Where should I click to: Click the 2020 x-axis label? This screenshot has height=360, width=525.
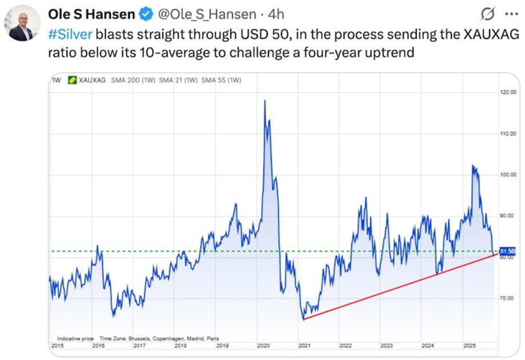263,346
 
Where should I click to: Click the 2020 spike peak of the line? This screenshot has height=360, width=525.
264,101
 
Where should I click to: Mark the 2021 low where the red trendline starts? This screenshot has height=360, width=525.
304,319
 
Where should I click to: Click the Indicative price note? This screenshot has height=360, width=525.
75,338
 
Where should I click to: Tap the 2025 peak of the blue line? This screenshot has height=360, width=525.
472,166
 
